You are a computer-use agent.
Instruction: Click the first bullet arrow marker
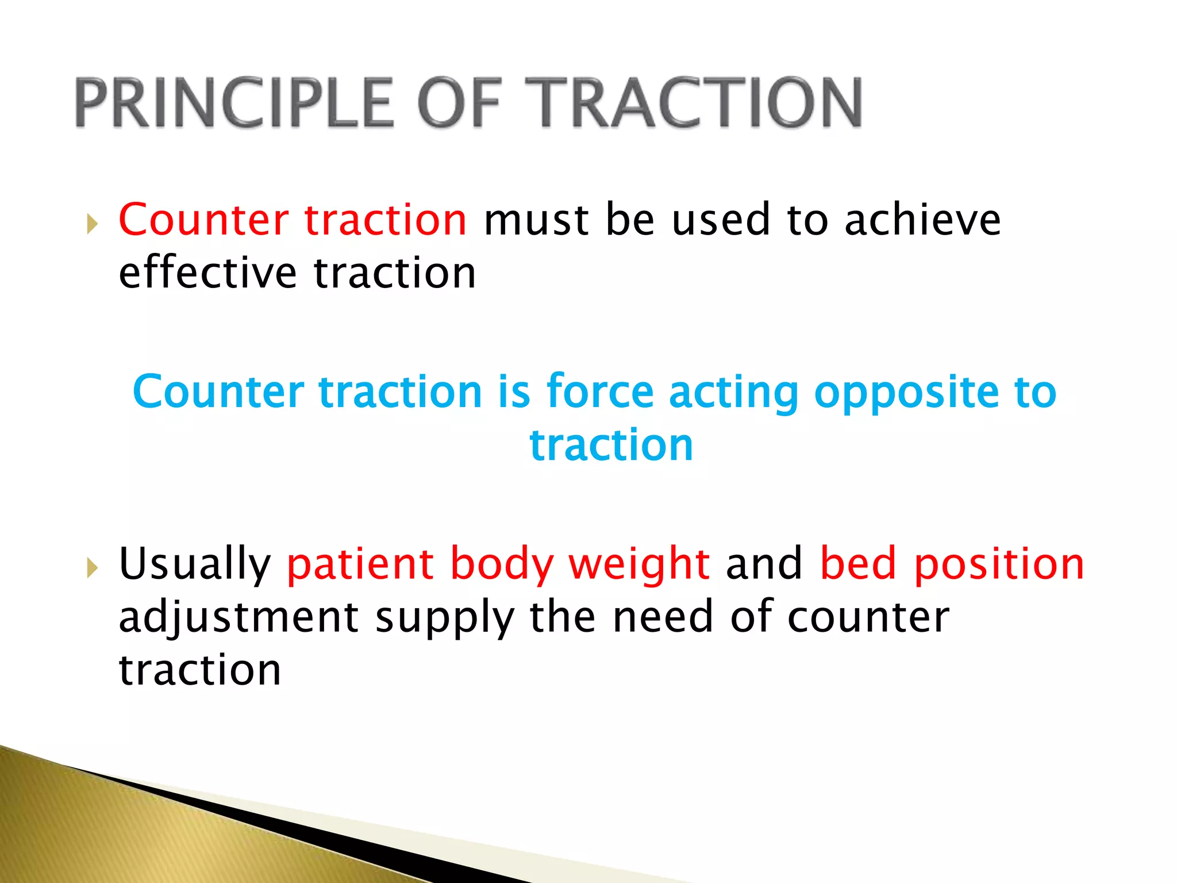(x=92, y=224)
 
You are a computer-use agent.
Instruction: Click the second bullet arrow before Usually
(x=92, y=568)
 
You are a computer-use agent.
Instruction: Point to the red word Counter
(x=203, y=220)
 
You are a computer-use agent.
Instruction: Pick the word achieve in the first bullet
(x=922, y=220)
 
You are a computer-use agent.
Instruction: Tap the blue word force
(x=600, y=391)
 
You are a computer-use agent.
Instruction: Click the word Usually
(x=194, y=565)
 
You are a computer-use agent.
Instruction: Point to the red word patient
(x=360, y=565)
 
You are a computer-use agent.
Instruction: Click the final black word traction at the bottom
(x=199, y=670)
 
